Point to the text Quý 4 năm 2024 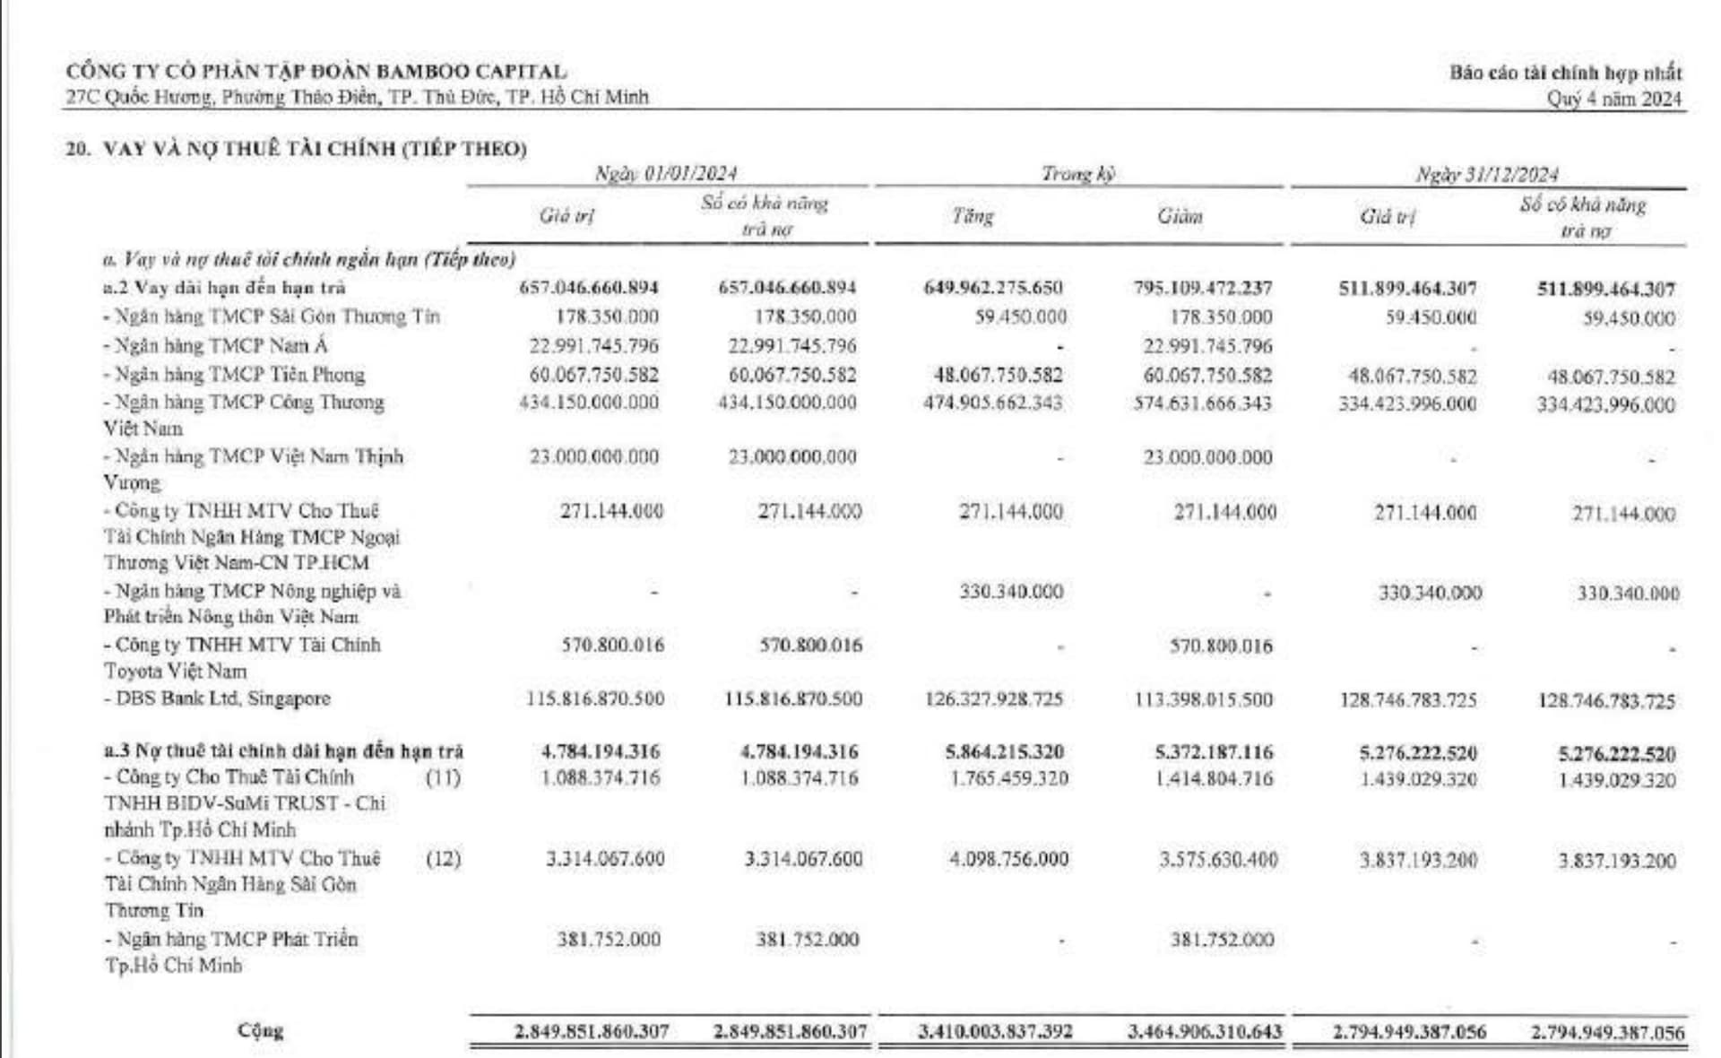point(1613,99)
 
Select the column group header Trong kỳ point(1077,173)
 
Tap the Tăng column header point(973,216)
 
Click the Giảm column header point(1180,216)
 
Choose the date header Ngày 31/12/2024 point(1487,174)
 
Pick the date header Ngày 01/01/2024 point(666,173)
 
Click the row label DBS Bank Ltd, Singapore point(222,698)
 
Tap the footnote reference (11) point(443,777)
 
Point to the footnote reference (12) point(443,859)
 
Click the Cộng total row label point(260,1030)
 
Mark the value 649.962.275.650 point(992,288)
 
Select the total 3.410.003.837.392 point(995,1032)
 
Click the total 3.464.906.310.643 point(1204,1032)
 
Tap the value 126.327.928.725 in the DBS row point(993,699)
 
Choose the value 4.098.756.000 point(1008,860)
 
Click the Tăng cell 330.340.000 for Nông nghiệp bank point(1010,592)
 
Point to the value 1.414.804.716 point(1215,778)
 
